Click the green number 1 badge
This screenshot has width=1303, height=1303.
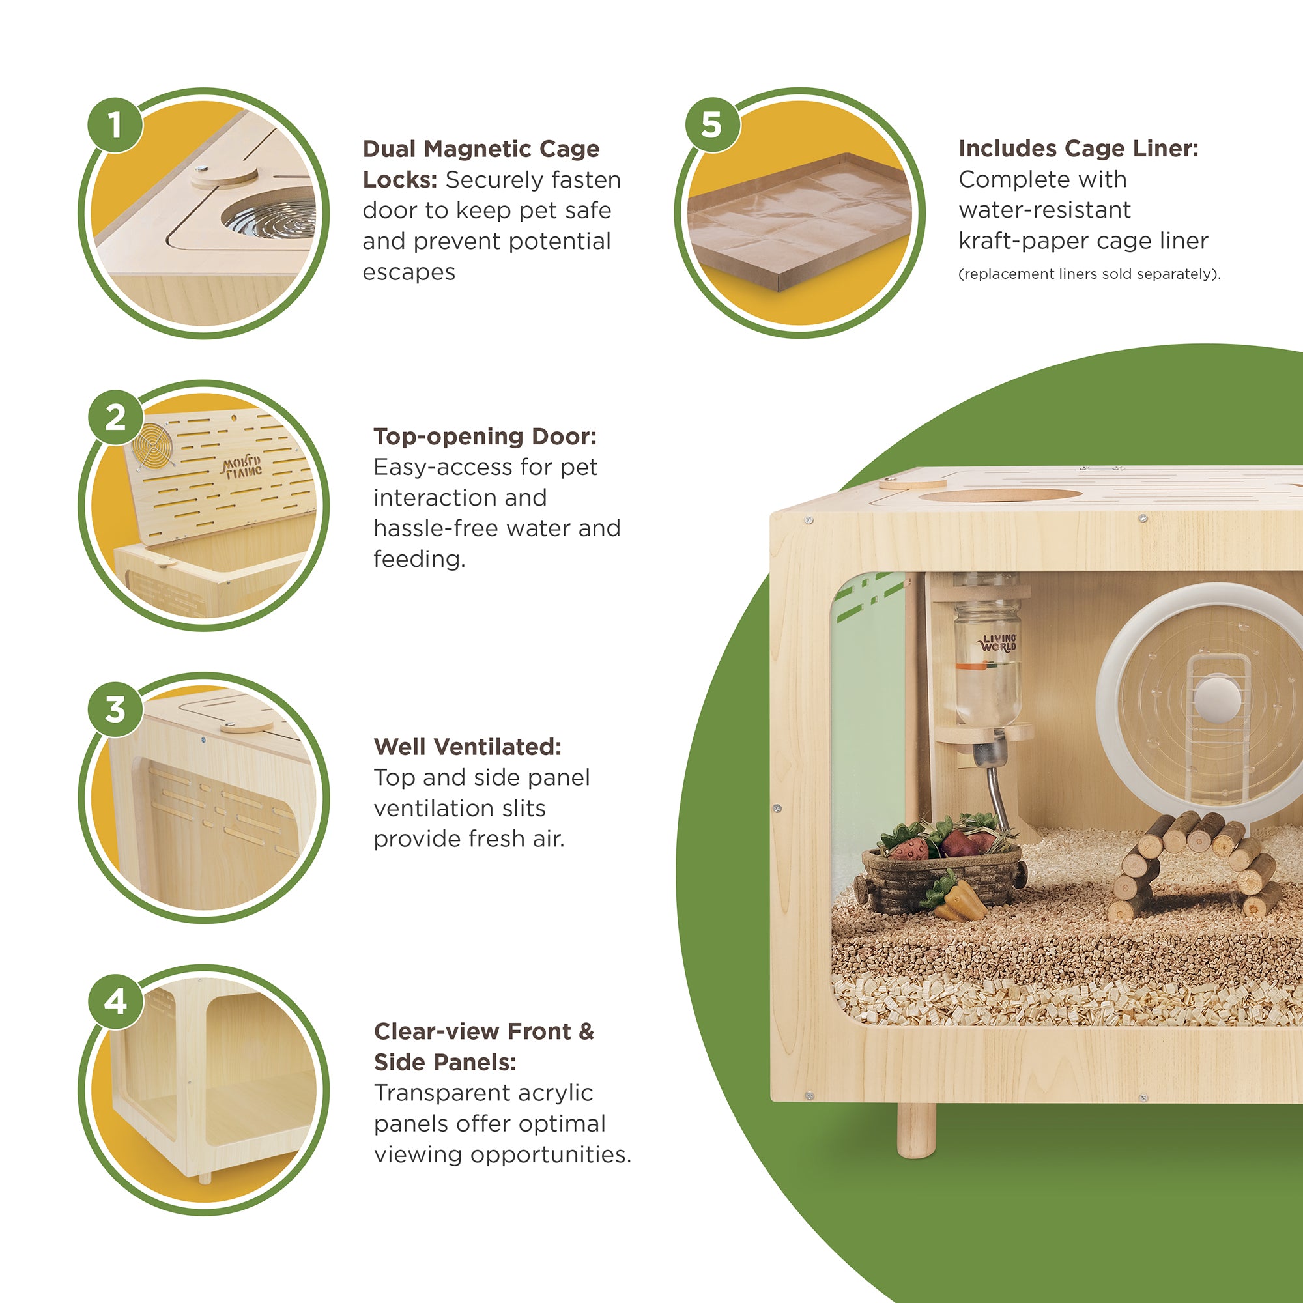(x=115, y=125)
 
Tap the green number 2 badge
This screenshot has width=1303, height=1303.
(x=115, y=418)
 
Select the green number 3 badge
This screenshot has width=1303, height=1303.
(x=115, y=709)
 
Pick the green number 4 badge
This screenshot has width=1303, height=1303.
(x=115, y=1001)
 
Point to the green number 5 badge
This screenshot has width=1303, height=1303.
(x=713, y=125)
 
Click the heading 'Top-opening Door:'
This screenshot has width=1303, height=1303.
(x=485, y=437)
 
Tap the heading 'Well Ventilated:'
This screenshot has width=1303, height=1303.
(x=467, y=747)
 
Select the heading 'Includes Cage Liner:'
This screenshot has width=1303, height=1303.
(x=1078, y=149)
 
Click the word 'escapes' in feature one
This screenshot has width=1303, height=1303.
(x=408, y=272)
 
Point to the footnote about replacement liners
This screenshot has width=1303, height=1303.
(x=1089, y=274)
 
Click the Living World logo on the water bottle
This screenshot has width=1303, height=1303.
(x=998, y=642)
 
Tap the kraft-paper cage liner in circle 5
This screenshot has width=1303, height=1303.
(x=799, y=222)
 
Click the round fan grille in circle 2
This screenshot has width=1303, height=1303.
(x=154, y=445)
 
